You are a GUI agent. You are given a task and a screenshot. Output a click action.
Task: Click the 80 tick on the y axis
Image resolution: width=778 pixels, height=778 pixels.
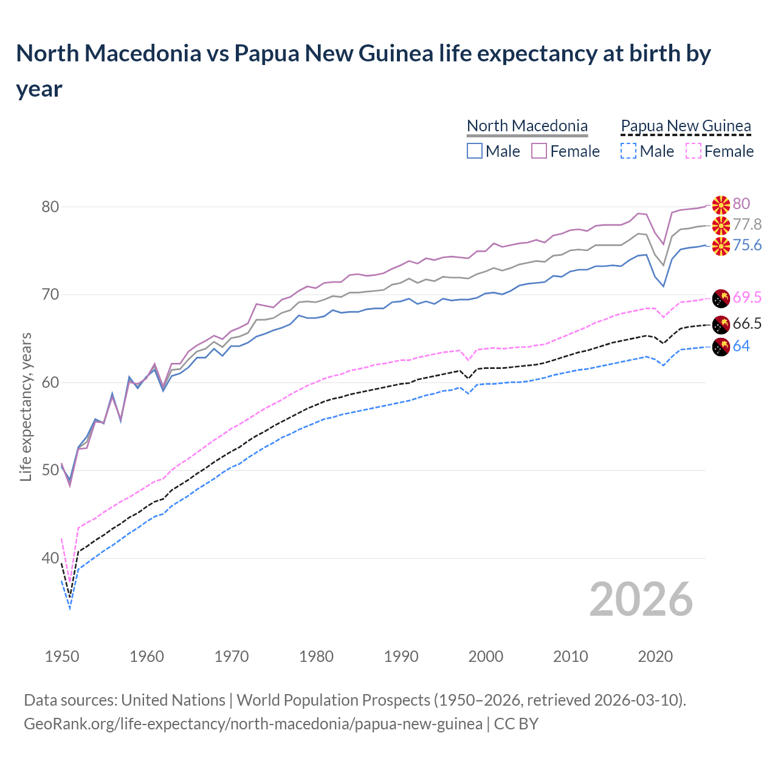pyautogui.click(x=50, y=207)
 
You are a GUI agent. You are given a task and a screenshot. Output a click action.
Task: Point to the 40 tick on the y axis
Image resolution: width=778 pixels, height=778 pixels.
pyautogui.click(x=50, y=558)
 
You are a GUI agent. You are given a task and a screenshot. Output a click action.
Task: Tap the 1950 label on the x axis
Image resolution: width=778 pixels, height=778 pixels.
pyautogui.click(x=62, y=656)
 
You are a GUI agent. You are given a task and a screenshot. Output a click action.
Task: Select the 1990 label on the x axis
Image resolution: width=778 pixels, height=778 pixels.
pyautogui.click(x=401, y=656)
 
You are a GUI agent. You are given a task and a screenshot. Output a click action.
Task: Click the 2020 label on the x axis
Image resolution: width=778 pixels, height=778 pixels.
pyautogui.click(x=655, y=656)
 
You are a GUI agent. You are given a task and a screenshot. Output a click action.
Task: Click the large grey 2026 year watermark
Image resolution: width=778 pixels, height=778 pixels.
pyautogui.click(x=641, y=599)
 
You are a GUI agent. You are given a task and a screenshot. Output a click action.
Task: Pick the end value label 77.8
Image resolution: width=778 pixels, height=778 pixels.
pyautogui.click(x=747, y=225)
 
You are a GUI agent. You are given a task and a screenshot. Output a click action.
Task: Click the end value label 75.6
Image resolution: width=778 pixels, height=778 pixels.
pyautogui.click(x=747, y=245)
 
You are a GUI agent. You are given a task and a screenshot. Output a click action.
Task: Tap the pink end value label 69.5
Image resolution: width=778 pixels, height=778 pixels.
pyautogui.click(x=747, y=297)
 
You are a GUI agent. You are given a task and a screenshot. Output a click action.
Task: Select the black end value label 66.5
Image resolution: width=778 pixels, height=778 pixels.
pyautogui.click(x=747, y=324)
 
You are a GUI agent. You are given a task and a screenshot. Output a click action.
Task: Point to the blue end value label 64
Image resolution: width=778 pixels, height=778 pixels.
pyautogui.click(x=741, y=346)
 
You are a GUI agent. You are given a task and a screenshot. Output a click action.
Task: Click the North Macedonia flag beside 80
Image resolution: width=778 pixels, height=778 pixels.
pyautogui.click(x=721, y=205)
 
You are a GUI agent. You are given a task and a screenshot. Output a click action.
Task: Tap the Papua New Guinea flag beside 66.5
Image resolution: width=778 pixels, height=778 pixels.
pyautogui.click(x=721, y=325)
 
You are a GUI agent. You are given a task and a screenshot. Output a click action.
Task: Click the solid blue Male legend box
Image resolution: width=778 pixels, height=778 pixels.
pyautogui.click(x=475, y=151)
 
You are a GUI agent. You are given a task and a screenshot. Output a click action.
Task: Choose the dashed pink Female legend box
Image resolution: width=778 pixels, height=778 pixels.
pyautogui.click(x=693, y=151)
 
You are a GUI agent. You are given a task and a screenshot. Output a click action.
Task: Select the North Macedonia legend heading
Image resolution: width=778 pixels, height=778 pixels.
pyautogui.click(x=527, y=126)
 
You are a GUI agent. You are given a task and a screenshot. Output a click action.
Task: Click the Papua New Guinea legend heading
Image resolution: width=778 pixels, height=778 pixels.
pyautogui.click(x=686, y=126)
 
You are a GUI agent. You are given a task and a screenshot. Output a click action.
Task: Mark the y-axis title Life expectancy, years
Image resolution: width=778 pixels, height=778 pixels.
pyautogui.click(x=26, y=407)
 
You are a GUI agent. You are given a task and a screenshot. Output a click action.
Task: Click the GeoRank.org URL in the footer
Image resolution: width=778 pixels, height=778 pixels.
pyautogui.click(x=253, y=724)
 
